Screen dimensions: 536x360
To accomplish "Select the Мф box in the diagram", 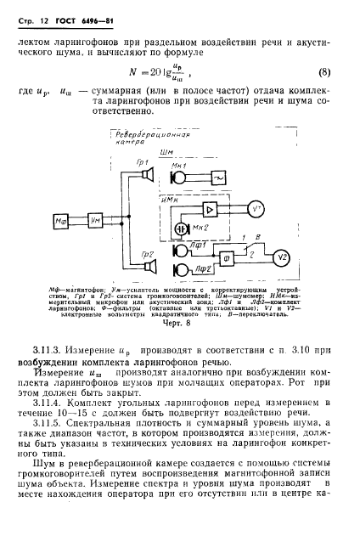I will [62, 220].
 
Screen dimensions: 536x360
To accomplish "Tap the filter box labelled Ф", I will [225, 255].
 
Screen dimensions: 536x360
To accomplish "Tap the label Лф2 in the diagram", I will [196, 270].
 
